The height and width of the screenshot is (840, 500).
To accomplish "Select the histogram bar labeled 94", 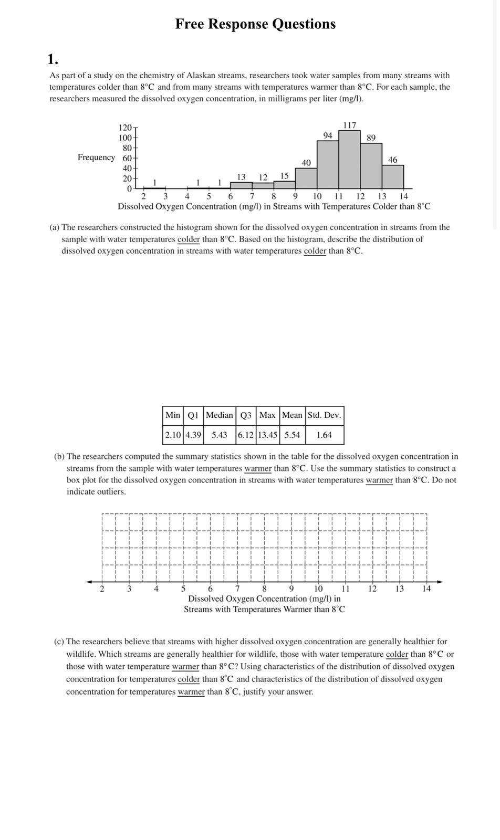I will pos(328,164).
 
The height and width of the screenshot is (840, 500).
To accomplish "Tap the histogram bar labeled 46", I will pos(393,177).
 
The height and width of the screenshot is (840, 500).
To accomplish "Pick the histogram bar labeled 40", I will pos(306,178).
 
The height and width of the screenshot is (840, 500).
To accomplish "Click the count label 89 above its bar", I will pos(371,138).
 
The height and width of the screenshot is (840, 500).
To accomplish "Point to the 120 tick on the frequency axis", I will pos(126,128).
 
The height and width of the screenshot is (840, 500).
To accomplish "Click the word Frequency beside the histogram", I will pos(96,157).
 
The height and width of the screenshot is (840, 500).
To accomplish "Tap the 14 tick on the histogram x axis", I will pos(403,196).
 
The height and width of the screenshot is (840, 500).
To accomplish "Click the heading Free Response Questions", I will pos(255,24).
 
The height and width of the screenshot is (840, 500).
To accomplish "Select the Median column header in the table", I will pos(219,415).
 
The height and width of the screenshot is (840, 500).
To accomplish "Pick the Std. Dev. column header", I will pos(324,415).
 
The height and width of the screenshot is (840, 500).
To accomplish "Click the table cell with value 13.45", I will pos(267,435).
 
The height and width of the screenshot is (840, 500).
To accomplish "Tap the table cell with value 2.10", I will pos(173,435).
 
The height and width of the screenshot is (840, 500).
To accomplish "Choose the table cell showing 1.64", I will pos(324,435).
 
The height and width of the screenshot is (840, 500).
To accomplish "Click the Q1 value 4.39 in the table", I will pos(193,435).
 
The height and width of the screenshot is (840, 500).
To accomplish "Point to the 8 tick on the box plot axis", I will pos(264,589).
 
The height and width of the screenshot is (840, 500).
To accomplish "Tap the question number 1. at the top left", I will pos(53,58).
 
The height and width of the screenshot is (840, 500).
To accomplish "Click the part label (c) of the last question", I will pos(59,642).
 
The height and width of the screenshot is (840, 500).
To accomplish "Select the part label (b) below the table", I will pos(59,457).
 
